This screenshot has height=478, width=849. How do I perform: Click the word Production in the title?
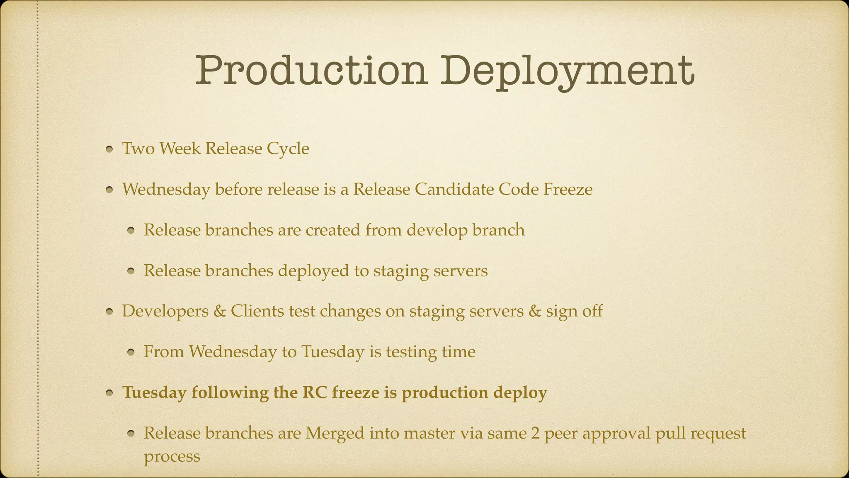click(311, 71)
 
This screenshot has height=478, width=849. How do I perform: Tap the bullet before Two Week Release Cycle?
click(109, 149)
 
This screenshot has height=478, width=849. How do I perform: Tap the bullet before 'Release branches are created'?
click(131, 231)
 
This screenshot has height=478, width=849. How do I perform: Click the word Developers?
click(165, 311)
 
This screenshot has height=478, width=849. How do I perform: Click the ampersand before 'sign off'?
click(535, 311)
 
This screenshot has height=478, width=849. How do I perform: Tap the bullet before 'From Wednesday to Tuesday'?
click(131, 353)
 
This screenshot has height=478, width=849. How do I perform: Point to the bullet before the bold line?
click(109, 393)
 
